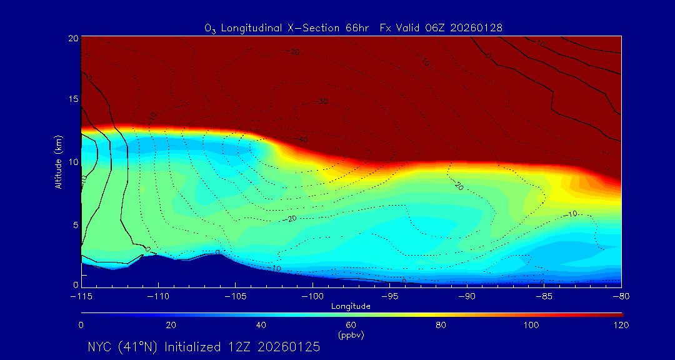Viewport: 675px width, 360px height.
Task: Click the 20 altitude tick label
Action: (x=72, y=38)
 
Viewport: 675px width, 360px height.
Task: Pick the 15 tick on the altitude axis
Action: (x=72, y=99)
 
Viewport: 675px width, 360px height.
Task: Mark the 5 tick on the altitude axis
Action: (x=74, y=224)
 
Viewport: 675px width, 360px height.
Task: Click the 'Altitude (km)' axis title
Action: (x=58, y=162)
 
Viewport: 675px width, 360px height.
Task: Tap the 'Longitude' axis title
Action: (x=351, y=306)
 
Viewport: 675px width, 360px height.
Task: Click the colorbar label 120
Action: (x=621, y=325)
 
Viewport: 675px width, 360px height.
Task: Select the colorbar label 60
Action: (x=351, y=325)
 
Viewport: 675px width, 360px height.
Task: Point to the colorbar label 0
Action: (x=81, y=325)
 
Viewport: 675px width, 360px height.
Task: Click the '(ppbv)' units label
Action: (x=351, y=334)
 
